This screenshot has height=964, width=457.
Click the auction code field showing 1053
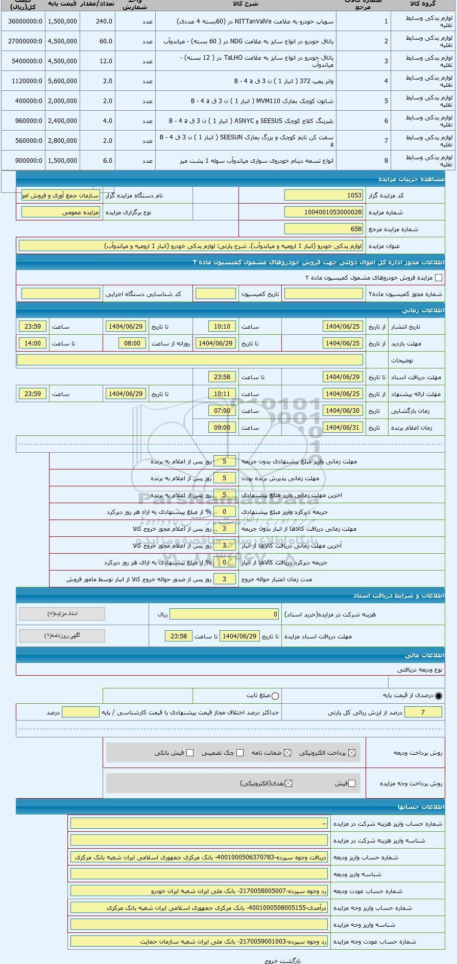pos(324,195)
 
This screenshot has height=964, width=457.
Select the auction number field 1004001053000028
pos(324,212)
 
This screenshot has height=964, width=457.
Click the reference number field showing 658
pos(324,229)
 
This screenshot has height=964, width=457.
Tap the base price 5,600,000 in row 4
pos(62,81)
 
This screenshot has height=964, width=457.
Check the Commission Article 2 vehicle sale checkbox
pos(438,278)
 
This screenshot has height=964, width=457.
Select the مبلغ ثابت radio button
pos(276,696)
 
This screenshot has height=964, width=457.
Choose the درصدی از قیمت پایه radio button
pos(439,696)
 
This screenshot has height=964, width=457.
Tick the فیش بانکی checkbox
pos(190,753)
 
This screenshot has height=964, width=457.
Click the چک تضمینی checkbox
pos(240,753)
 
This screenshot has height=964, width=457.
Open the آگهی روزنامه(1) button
pos(62,636)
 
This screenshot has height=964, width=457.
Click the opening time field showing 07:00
pos(222,411)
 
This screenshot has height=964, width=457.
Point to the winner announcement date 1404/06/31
pos(343,428)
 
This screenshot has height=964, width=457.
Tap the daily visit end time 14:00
pos(33,343)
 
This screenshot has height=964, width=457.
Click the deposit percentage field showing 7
pos(423,712)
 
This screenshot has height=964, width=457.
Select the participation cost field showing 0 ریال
pos(225,614)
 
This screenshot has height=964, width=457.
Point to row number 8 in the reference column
pos(386,161)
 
